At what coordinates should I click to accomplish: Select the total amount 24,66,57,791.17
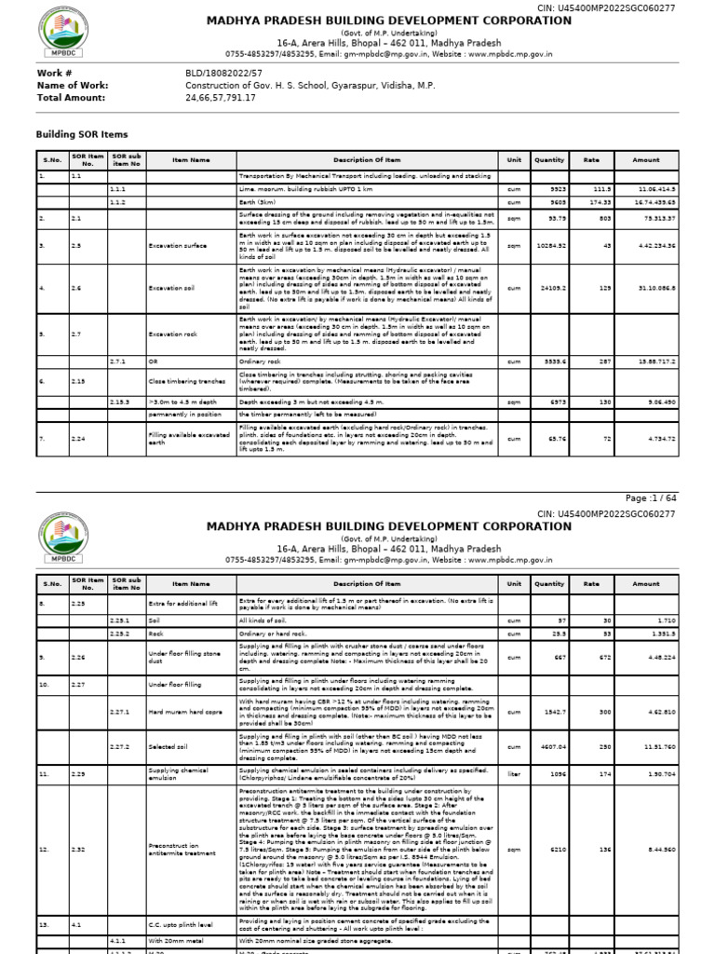pos(221,97)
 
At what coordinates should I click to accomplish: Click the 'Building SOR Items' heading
pos(82,135)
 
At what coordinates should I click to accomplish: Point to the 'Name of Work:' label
pos(73,85)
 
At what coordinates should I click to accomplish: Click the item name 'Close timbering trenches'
pos(184,380)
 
